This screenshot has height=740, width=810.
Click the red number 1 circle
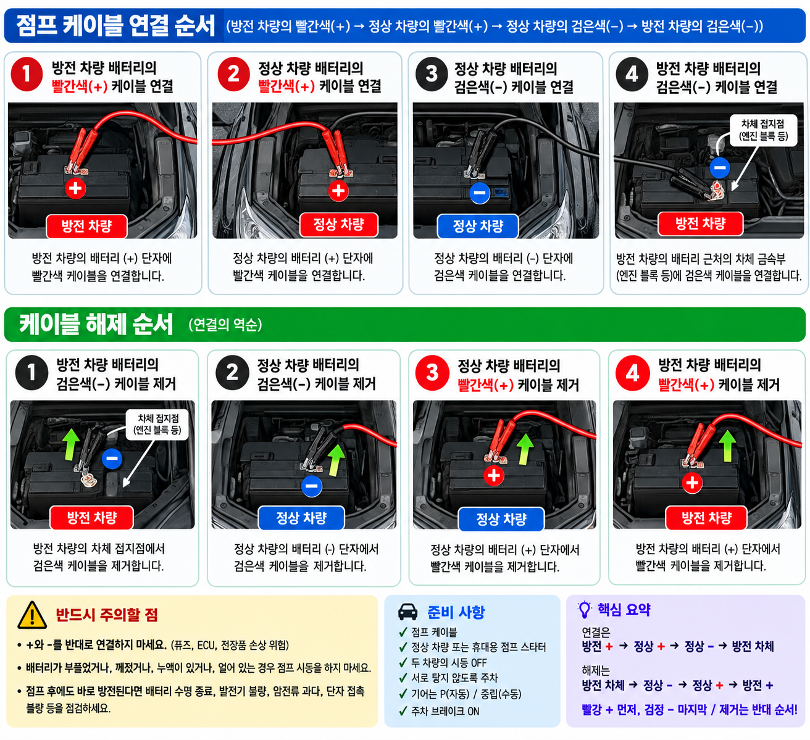coord(27,74)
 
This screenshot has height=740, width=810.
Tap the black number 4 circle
coord(632,75)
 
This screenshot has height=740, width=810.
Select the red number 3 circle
coord(432,373)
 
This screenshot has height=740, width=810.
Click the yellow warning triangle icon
coord(32,615)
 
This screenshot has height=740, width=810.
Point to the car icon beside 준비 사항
coord(407,612)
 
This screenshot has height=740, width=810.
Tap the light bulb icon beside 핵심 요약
coord(584,610)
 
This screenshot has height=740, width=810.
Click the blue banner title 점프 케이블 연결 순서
coord(115,25)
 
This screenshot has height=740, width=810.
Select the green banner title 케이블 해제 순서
coord(96,324)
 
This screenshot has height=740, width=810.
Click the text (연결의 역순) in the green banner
coord(225,324)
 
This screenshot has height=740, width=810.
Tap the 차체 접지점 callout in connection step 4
coord(762,130)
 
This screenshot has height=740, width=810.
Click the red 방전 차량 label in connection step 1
coord(86,226)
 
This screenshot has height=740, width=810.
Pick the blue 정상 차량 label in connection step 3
coord(478,226)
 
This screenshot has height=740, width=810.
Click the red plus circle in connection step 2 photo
coord(338,191)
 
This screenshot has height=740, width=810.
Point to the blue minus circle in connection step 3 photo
coord(480,193)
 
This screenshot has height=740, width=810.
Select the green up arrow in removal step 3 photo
coord(525,449)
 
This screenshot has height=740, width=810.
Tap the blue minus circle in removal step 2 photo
coord(311,486)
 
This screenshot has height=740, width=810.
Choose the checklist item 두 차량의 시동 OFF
coord(449,662)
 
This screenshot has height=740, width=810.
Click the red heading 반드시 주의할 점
coord(107,615)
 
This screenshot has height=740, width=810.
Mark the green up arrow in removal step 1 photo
coord(71,445)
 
